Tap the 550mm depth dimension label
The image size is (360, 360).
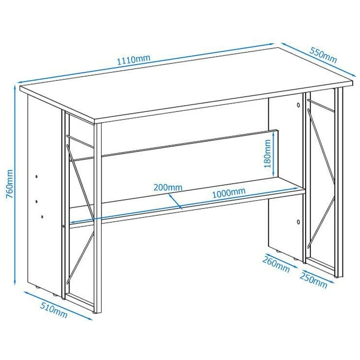point(324,55)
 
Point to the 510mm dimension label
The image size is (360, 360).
point(54,310)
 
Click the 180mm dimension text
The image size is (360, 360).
point(268,154)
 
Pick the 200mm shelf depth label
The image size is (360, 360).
point(168,188)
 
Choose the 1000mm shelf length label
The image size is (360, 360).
point(228,193)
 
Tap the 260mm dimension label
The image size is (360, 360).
point(276,263)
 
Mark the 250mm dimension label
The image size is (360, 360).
point(314,279)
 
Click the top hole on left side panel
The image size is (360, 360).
point(36,176)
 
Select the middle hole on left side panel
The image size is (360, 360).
point(36,201)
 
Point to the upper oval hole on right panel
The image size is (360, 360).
point(298,105)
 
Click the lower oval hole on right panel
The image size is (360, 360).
point(298,222)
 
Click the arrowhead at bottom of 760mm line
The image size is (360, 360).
point(15,282)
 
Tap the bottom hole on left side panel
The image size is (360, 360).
point(42,216)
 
